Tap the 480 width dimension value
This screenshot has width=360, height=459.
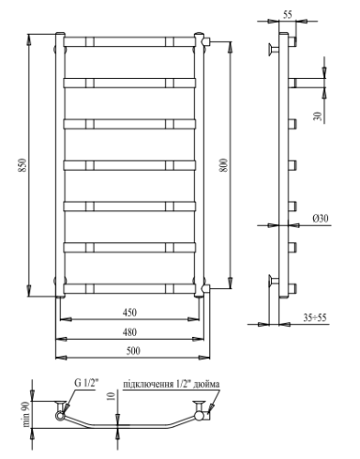click(x=130, y=331)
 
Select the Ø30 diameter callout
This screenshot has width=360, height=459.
click(x=321, y=218)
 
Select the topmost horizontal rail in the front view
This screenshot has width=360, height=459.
click(x=130, y=41)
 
